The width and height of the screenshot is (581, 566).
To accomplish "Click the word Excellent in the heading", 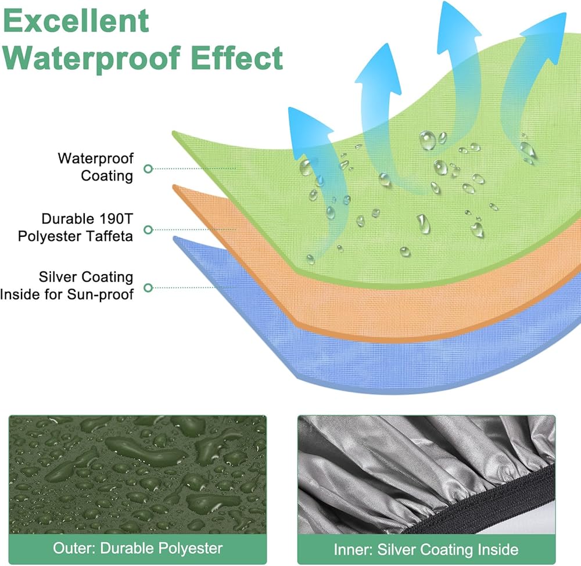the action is coord(76,21).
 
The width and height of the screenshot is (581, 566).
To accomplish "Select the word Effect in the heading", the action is coord(237,57).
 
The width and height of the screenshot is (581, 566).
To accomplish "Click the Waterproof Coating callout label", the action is coord(96,167).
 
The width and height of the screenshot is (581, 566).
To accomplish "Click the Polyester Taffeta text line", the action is coord(75,236).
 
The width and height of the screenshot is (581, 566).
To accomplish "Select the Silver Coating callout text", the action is coord(86,277).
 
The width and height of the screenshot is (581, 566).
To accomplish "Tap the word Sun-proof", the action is coord(100,295).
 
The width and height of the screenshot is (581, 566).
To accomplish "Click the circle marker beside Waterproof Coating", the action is coord(148,169).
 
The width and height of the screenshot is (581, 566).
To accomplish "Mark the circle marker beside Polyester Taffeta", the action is coord(148,230).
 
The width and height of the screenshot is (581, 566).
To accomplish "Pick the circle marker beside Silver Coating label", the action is coord(148,287).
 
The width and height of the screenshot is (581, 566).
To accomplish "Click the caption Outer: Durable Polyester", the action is coord(138,548).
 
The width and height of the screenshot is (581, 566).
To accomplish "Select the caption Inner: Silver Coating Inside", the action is coord(426,549).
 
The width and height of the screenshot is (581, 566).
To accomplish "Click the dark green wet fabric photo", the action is coord(138,474).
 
